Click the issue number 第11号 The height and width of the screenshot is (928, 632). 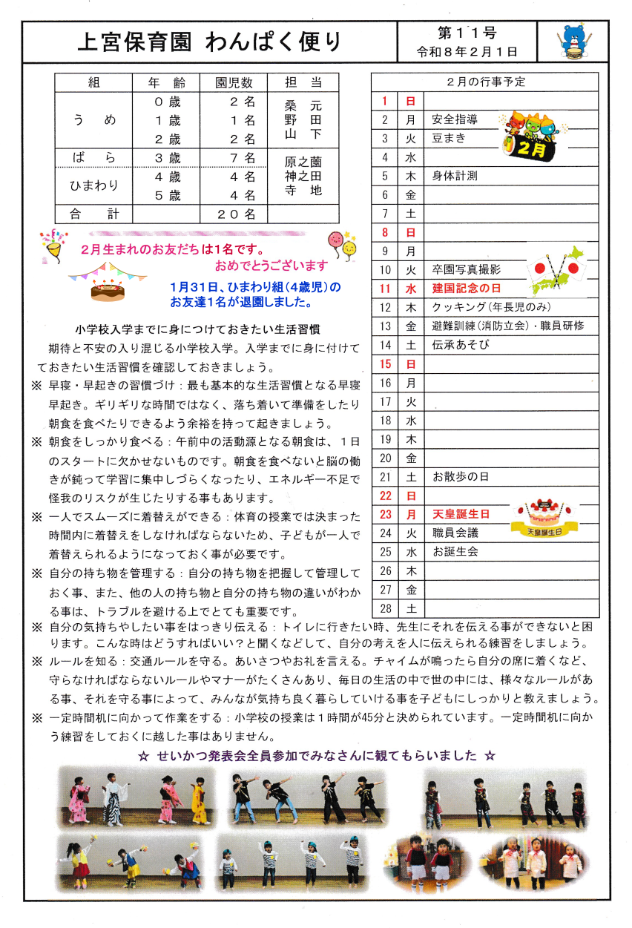coord(467,33)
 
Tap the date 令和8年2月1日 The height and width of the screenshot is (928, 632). coord(467,52)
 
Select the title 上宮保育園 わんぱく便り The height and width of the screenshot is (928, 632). coord(210,42)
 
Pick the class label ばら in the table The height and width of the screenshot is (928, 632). coord(93,157)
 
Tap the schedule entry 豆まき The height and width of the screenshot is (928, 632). coord(450,139)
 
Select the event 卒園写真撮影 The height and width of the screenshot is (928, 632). coord(467,270)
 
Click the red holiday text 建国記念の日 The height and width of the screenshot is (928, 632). coord(467,289)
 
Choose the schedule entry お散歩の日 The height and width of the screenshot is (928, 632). coord(461,476)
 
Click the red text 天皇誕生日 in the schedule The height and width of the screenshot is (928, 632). coord(461,514)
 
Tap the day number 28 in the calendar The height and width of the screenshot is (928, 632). coord(385,608)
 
